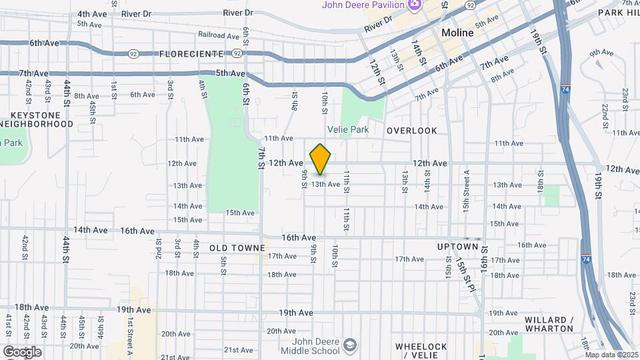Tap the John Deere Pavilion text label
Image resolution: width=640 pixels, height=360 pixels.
click(x=363, y=5)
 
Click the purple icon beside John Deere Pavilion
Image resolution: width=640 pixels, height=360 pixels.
click(x=415, y=5)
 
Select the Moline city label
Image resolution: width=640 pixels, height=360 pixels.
click(x=457, y=33)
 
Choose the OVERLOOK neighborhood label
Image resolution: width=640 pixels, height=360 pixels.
click(x=412, y=131)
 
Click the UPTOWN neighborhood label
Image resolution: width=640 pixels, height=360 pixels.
click(x=458, y=247)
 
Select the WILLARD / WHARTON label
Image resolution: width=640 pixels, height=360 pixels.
click(x=549, y=324)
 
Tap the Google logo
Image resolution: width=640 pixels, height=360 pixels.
click(x=21, y=352)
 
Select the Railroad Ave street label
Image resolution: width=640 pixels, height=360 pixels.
click(x=218, y=35)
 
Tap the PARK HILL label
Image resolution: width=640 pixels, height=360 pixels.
click(x=618, y=12)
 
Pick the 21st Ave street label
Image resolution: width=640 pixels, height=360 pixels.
click(x=238, y=350)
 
